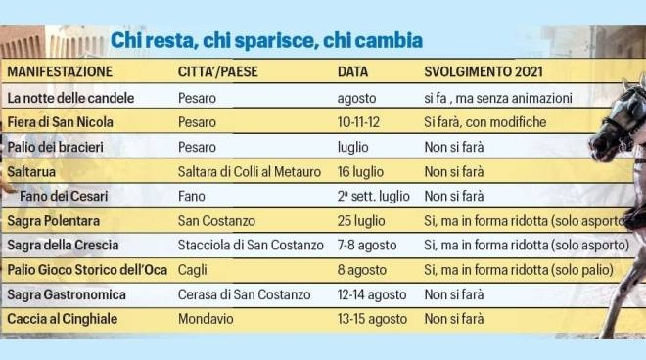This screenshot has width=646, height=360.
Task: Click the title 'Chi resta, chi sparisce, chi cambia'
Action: click(266, 41)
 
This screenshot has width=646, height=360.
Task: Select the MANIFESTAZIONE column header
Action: click(60, 72)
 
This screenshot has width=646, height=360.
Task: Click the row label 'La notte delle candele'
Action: click(70, 98)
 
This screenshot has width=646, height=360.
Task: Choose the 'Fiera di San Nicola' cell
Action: click(61, 122)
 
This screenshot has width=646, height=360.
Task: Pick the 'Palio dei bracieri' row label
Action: click(58, 147)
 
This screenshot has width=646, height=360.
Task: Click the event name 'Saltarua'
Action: click(32, 171)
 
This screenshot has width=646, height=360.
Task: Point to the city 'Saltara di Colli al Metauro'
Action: click(250, 171)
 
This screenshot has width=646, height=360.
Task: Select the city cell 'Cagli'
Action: click(193, 269)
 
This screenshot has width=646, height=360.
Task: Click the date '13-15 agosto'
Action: click(372, 318)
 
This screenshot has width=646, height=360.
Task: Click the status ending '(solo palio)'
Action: click(580, 269)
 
